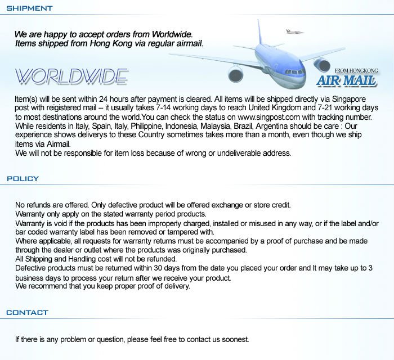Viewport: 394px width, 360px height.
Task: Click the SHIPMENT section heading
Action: pos(29,8)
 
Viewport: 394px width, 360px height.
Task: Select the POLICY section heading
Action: pos(23,179)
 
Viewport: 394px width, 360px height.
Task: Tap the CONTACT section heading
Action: pos(28,313)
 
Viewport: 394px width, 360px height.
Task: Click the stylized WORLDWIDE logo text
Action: pos(71,76)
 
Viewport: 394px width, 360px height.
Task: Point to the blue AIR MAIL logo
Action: pos(347,81)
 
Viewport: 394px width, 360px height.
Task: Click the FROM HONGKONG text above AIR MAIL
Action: pos(356,71)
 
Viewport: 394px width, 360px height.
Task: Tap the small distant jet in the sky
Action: pos(294,31)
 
